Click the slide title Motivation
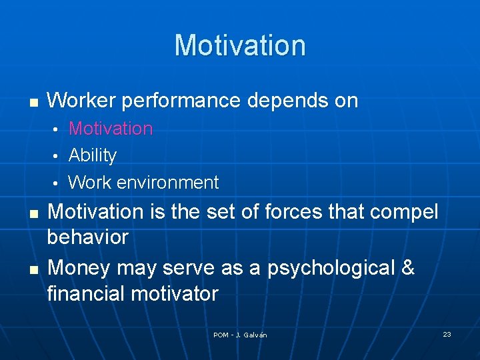pyautogui.click(x=240, y=45)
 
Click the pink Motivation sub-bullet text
pyautogui.click(x=111, y=128)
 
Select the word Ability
pyautogui.click(x=93, y=155)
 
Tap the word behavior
pyautogui.click(x=87, y=237)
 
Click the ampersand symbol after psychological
pyautogui.click(x=408, y=267)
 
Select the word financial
pyautogui.click(x=85, y=293)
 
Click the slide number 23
pyautogui.click(x=447, y=334)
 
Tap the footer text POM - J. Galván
pyautogui.click(x=240, y=335)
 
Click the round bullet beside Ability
pyautogui.click(x=57, y=156)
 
